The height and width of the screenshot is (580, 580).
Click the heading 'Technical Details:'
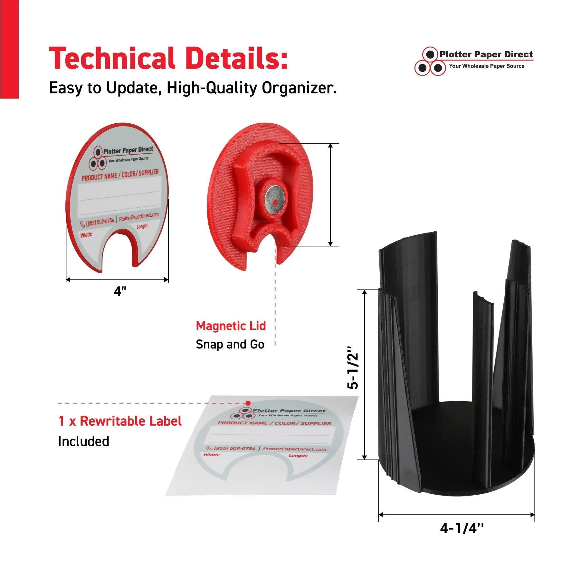click(168, 58)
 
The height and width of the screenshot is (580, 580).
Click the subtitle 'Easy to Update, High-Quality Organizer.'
click(193, 88)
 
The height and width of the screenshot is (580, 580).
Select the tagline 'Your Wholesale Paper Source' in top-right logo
click(487, 66)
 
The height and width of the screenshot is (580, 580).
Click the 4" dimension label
click(120, 291)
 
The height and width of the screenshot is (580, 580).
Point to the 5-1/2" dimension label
click(353, 368)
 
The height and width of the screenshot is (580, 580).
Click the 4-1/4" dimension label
click(462, 528)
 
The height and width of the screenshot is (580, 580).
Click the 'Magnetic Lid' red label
click(231, 326)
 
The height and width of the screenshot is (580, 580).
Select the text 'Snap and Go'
click(230, 344)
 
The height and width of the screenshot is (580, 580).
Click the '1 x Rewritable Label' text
click(120, 421)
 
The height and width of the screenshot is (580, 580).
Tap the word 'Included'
click(84, 441)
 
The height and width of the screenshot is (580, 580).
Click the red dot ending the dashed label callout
click(248, 403)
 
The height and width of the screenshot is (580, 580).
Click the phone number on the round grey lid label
click(100, 222)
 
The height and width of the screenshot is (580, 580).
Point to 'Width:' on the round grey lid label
click(86, 235)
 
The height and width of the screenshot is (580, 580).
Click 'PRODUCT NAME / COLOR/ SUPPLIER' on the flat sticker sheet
click(274, 423)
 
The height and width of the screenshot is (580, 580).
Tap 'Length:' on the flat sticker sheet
click(298, 455)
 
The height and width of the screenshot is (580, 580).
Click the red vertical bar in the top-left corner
click(9, 49)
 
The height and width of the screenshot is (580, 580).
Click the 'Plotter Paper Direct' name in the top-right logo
click(486, 54)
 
